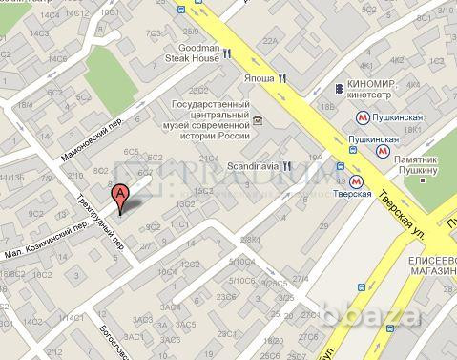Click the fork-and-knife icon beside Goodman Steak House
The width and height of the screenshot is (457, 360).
pos(230,54)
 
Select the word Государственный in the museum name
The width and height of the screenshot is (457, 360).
pos(208,104)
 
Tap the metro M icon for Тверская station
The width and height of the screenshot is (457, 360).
pos(354,180)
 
